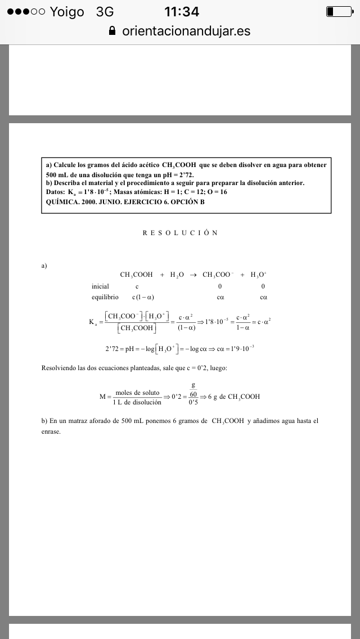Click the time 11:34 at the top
click(x=181, y=12)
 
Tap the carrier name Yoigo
click(x=67, y=12)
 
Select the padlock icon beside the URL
click(x=112, y=31)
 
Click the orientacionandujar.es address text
click(x=186, y=31)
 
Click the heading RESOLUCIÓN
click(x=180, y=232)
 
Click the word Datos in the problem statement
click(x=55, y=192)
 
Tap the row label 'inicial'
click(x=100, y=286)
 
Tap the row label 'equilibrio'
click(x=105, y=296)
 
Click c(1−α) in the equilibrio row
click(x=143, y=297)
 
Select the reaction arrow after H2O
click(x=191, y=275)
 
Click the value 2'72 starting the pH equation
click(x=113, y=349)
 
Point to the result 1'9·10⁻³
click(x=241, y=349)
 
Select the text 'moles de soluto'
click(x=137, y=393)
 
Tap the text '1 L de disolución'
click(x=137, y=402)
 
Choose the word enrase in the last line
click(x=51, y=431)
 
